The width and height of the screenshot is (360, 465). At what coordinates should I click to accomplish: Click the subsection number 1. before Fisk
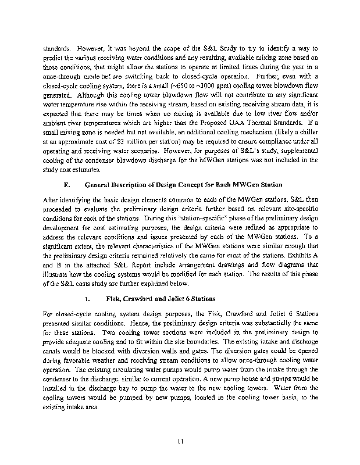(87, 301)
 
